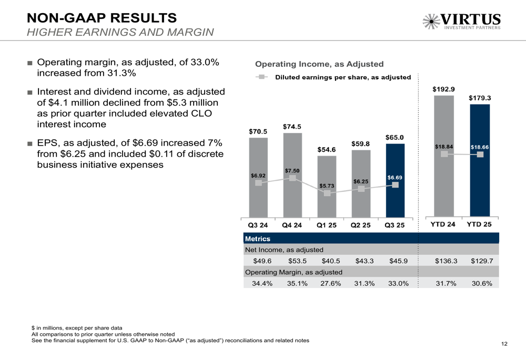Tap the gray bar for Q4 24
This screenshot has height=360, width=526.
click(292, 200)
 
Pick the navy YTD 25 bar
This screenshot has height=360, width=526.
click(480, 189)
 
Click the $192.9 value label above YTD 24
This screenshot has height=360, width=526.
click(444, 89)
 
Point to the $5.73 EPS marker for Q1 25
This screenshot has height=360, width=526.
click(327, 193)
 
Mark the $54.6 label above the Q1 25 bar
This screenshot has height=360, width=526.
click(327, 150)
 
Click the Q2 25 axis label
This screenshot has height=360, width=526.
click(361, 225)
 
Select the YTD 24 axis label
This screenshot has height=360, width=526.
click(443, 224)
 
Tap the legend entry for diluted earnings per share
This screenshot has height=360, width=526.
click(342, 77)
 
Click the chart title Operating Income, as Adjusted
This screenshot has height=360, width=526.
click(319, 64)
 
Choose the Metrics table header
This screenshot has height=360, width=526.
click(258, 239)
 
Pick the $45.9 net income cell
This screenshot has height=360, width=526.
click(398, 261)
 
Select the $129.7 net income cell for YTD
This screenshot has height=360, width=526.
click(481, 261)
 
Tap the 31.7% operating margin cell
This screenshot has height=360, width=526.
click(447, 283)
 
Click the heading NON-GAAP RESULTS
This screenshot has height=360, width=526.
click(102, 18)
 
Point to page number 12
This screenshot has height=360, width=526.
click(504, 344)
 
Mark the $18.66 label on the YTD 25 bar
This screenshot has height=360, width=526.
click(480, 147)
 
